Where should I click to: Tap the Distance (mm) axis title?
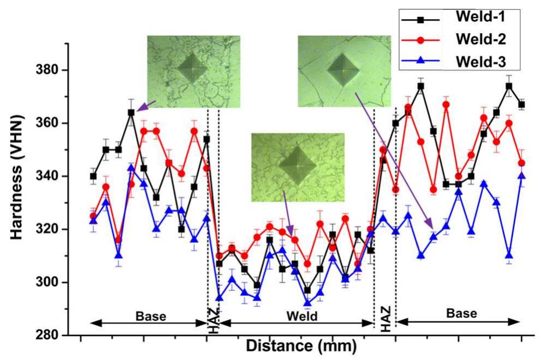[x=301, y=345]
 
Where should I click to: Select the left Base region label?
[x=151, y=315]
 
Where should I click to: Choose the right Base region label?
[x=460, y=314]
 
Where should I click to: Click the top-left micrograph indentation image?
[x=194, y=71]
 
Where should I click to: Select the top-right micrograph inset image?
[x=344, y=71]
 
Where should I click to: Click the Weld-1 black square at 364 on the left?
[x=131, y=113]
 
